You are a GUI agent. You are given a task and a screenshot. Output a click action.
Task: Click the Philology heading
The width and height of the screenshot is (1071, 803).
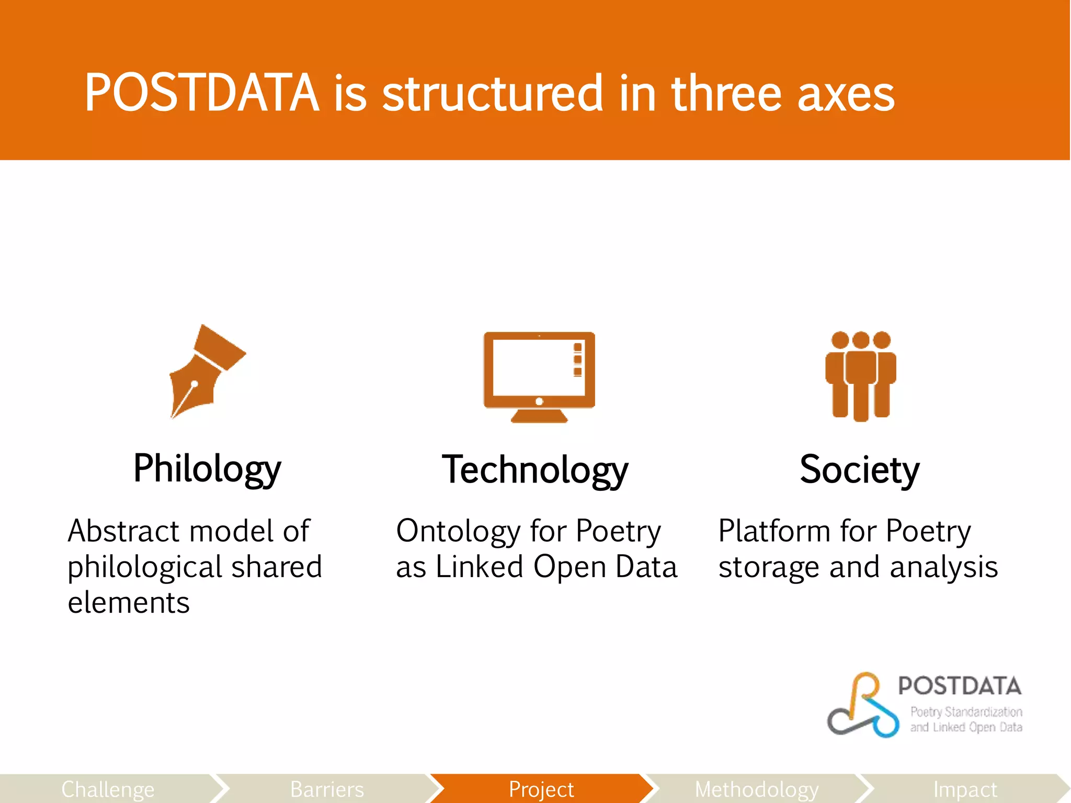207,468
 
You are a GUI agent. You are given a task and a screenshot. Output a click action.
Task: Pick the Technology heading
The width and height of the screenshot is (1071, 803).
534,469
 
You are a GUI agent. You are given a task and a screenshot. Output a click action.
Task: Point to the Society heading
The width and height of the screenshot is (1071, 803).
859,469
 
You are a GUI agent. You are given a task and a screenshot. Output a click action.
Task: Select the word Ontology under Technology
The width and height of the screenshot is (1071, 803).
457,531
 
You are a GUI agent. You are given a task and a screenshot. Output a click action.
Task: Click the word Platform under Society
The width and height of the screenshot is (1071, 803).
772,531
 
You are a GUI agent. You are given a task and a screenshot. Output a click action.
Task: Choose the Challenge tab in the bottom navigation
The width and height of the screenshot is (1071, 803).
108,789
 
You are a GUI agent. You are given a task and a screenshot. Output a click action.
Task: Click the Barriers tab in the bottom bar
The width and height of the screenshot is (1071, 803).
327,789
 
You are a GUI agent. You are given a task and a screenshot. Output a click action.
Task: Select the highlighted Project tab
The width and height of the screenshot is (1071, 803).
541,789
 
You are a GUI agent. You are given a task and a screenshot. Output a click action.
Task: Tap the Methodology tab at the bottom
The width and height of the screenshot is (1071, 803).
756,789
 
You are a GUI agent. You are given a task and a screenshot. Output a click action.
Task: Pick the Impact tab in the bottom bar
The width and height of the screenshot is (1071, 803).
965,789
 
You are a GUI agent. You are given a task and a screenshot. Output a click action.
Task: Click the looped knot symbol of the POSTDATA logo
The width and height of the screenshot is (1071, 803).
863,706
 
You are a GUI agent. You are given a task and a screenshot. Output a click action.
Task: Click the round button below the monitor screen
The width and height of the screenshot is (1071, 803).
539,401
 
